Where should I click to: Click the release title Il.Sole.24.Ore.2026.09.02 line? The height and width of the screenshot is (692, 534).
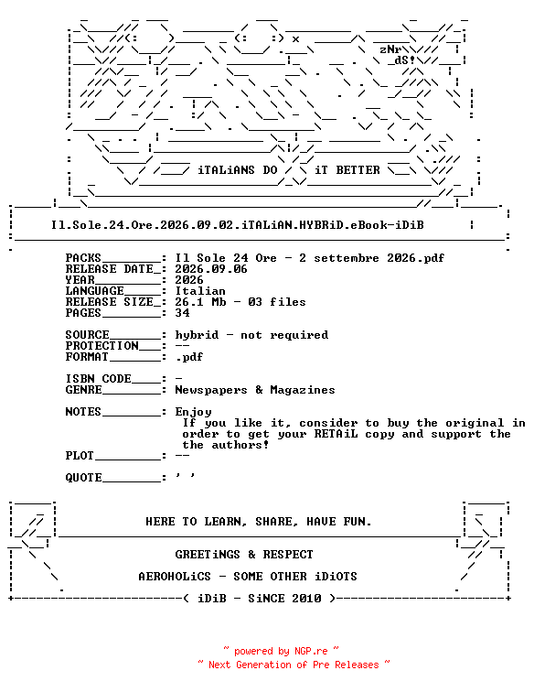(x=237, y=225)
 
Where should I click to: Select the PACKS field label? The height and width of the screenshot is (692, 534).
(x=83, y=258)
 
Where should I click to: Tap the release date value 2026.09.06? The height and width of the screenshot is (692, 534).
(x=211, y=269)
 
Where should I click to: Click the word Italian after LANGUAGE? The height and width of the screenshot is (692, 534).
(x=200, y=291)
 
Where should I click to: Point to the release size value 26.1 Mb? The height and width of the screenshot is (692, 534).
(x=200, y=302)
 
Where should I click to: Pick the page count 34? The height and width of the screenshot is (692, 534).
(x=182, y=313)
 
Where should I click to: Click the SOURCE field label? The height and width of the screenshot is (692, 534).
(x=87, y=335)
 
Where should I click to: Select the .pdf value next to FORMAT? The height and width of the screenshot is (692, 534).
(x=189, y=357)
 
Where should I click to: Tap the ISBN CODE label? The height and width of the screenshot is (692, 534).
(x=99, y=379)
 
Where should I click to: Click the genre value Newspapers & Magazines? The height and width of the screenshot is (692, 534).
(x=255, y=390)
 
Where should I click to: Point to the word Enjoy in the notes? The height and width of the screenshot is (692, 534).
(x=193, y=412)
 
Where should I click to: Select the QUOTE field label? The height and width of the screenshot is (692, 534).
(x=84, y=478)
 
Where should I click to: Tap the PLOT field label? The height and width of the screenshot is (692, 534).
(x=80, y=456)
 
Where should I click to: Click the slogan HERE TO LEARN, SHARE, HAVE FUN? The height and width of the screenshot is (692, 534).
(x=259, y=522)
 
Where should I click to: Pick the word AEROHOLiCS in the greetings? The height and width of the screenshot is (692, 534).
(x=175, y=577)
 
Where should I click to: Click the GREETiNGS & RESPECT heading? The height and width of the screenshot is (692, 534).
(x=244, y=555)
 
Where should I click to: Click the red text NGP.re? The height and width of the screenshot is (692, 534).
(x=311, y=652)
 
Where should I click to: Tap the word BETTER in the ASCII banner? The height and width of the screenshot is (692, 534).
(x=358, y=170)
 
